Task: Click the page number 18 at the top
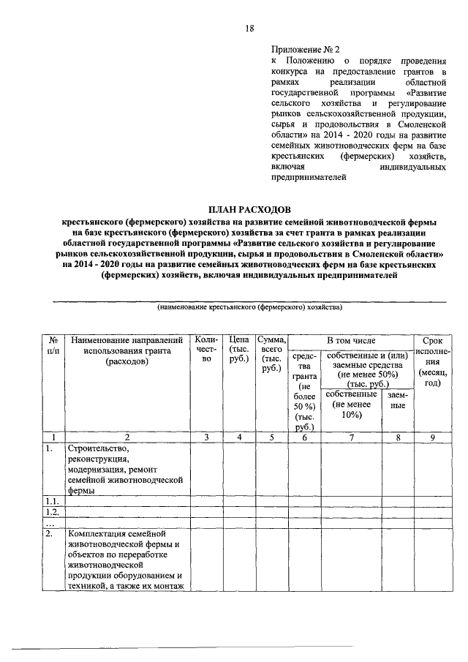point(249,29)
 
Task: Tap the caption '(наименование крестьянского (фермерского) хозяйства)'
point(249,308)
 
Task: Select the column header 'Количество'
point(207,349)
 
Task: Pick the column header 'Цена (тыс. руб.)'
point(237,349)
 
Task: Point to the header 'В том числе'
point(351,340)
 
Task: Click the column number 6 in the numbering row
point(305,437)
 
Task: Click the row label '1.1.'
point(50,503)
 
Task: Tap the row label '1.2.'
point(50,513)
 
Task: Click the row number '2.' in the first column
point(48,534)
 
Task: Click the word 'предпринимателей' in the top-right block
point(307,177)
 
